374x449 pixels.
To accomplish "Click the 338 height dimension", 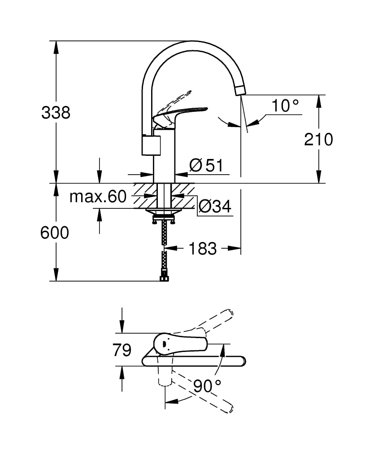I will click(x=56, y=112).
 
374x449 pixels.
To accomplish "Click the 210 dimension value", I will click(x=318, y=139).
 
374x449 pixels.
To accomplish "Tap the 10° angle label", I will click(x=285, y=106).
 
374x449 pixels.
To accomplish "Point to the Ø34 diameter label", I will click(x=214, y=207).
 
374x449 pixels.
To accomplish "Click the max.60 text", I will click(x=98, y=197).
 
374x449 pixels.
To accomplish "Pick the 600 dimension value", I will click(x=55, y=233).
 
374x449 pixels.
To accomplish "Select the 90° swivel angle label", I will click(x=207, y=385).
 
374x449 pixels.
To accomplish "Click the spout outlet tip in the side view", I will click(x=240, y=90).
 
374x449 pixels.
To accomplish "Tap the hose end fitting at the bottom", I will click(x=165, y=279).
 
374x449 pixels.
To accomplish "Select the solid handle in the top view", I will click(x=179, y=343).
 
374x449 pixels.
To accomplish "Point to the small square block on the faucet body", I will click(x=151, y=145).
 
